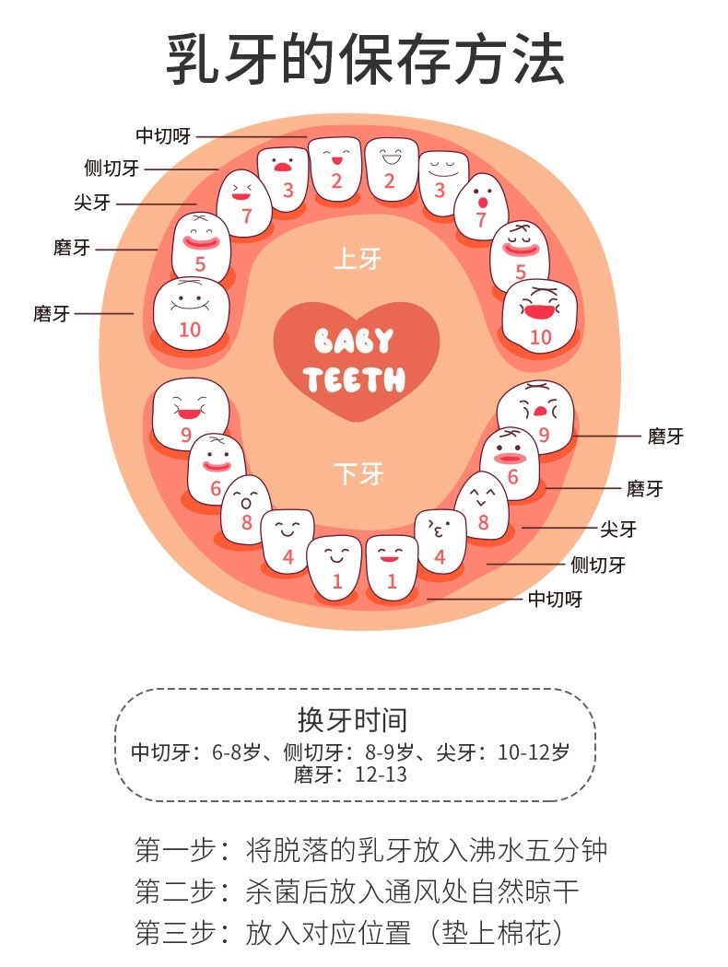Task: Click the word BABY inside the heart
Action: click(x=354, y=341)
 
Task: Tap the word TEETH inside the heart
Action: click(x=354, y=379)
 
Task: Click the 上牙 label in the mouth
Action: click(x=358, y=259)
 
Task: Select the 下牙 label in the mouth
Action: click(x=359, y=473)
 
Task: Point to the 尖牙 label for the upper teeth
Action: click(x=92, y=203)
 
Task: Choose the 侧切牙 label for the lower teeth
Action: click(x=598, y=565)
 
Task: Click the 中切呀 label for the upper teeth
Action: click(x=163, y=135)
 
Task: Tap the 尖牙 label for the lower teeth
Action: click(x=618, y=529)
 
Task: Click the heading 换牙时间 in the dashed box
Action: click(x=352, y=719)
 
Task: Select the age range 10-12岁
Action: click(x=534, y=752)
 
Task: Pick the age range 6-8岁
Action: click(x=236, y=752)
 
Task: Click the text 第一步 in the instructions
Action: click(x=175, y=850)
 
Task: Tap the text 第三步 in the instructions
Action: click(x=175, y=933)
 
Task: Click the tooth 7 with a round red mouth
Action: click(x=481, y=206)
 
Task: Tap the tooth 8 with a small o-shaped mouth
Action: click(x=246, y=509)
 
